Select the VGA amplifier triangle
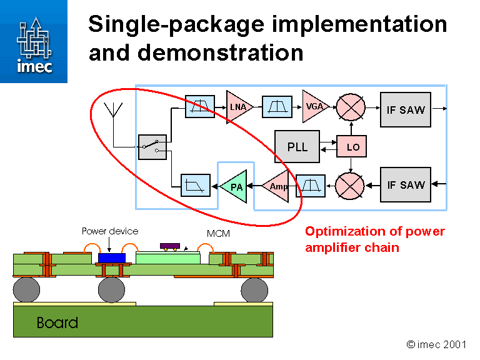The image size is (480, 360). pyautogui.click(x=313, y=106)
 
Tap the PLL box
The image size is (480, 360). pyautogui.click(x=297, y=147)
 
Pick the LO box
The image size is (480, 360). pyautogui.click(x=352, y=147)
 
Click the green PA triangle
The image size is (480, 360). pyautogui.click(x=236, y=186)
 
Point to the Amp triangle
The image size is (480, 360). pyautogui.click(x=277, y=186)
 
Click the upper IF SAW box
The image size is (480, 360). pyautogui.click(x=406, y=109)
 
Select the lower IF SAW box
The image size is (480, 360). pyautogui.click(x=406, y=185)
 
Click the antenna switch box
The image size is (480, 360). pyautogui.click(x=152, y=147)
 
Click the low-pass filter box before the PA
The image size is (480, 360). pyautogui.click(x=196, y=186)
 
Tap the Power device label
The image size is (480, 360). pyautogui.click(x=110, y=231)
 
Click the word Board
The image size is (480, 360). pyautogui.click(x=57, y=322)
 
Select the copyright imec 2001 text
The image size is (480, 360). pyautogui.click(x=437, y=344)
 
